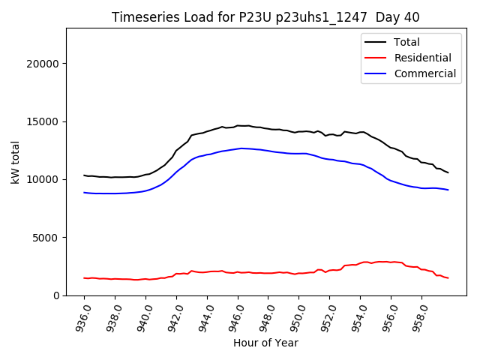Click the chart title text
tap(265, 17)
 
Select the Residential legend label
tap(422, 58)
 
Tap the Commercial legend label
tap(424, 73)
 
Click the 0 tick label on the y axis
tap(55, 295)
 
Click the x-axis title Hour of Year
tap(265, 343)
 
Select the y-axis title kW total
tap(15, 161)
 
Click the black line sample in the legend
tap(375, 43)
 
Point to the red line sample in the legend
tap(375, 58)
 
